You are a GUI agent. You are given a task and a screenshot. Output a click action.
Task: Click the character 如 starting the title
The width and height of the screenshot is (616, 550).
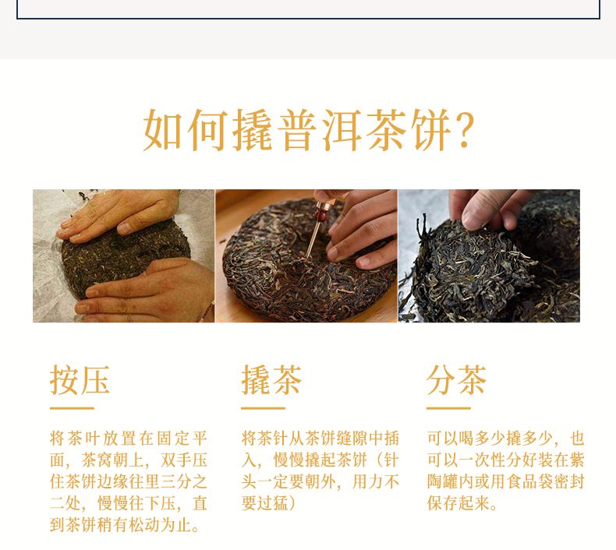163,129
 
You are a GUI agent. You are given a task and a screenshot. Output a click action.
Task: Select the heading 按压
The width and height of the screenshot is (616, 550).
80,379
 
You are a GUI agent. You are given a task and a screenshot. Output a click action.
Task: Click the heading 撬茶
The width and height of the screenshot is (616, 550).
271,379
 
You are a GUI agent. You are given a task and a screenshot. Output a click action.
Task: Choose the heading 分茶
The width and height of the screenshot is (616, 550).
456,379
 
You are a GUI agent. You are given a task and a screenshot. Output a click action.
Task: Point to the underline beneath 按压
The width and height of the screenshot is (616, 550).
72,408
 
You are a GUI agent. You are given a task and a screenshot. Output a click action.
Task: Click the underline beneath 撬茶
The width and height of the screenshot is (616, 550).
263,408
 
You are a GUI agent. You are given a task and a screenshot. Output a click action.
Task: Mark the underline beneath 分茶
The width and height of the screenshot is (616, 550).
448,408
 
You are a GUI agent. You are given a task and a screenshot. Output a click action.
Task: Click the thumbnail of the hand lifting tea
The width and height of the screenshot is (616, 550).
489,256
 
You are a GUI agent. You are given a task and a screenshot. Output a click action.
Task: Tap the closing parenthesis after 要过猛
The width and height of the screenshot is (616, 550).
292,503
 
